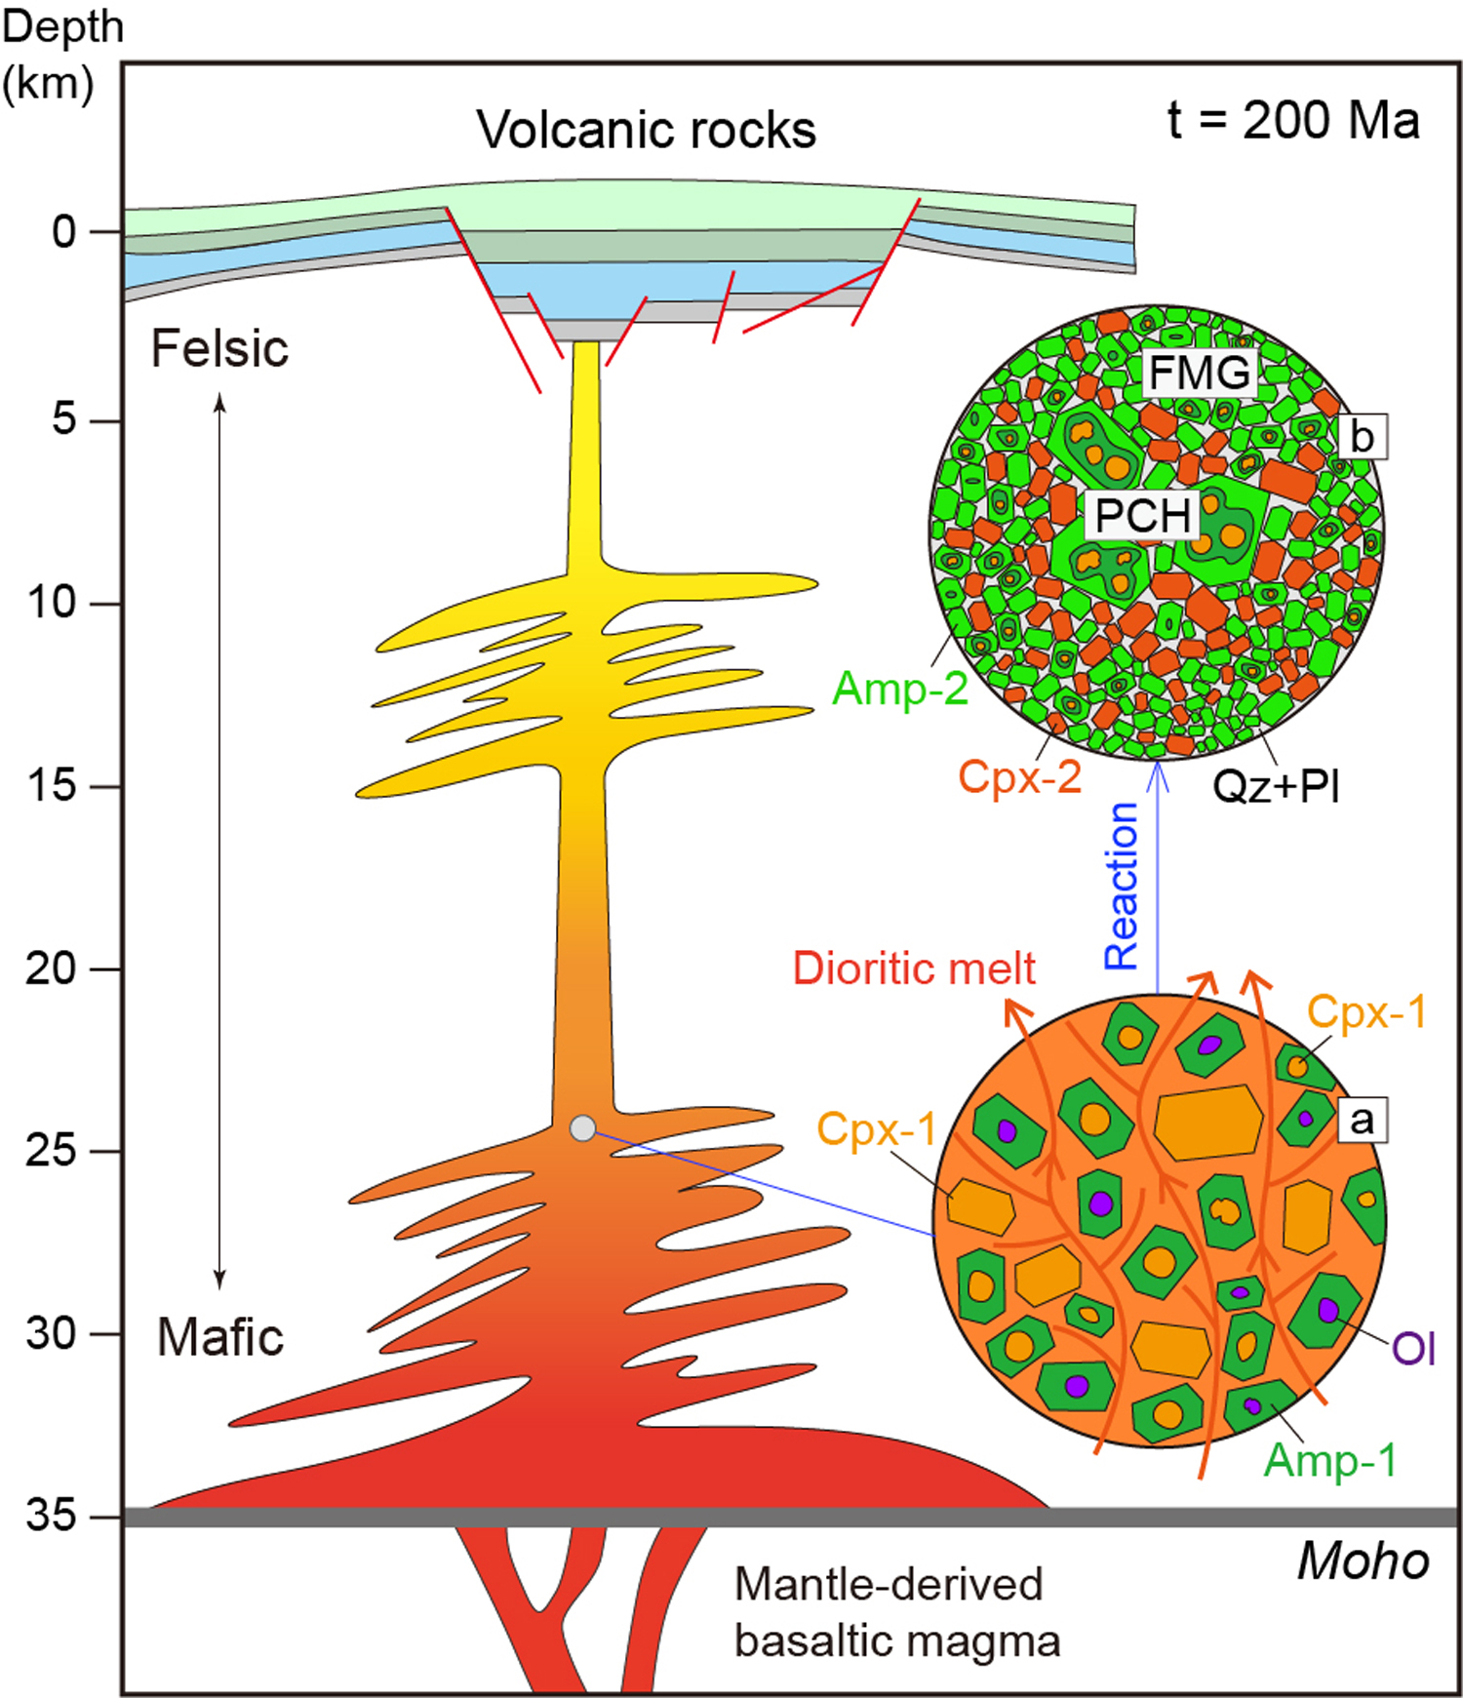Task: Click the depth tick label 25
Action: point(51,1151)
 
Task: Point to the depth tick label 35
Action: point(51,1515)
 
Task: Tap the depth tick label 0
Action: point(63,232)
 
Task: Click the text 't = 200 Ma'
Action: point(1292,121)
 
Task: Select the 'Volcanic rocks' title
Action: point(646,130)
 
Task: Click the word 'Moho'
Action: point(1363,1561)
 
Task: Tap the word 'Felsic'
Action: point(219,348)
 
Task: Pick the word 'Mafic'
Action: point(220,1336)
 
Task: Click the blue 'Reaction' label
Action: point(1122,886)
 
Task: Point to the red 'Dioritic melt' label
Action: point(914,968)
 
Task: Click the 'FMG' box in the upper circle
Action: point(1200,373)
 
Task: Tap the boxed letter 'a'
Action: point(1362,1120)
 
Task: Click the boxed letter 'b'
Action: point(1362,437)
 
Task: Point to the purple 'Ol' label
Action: point(1413,1349)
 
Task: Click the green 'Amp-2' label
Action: point(899,689)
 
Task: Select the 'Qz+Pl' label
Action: point(1276,785)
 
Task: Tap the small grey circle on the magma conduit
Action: point(582,1128)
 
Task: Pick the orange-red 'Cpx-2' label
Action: point(1019,777)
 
